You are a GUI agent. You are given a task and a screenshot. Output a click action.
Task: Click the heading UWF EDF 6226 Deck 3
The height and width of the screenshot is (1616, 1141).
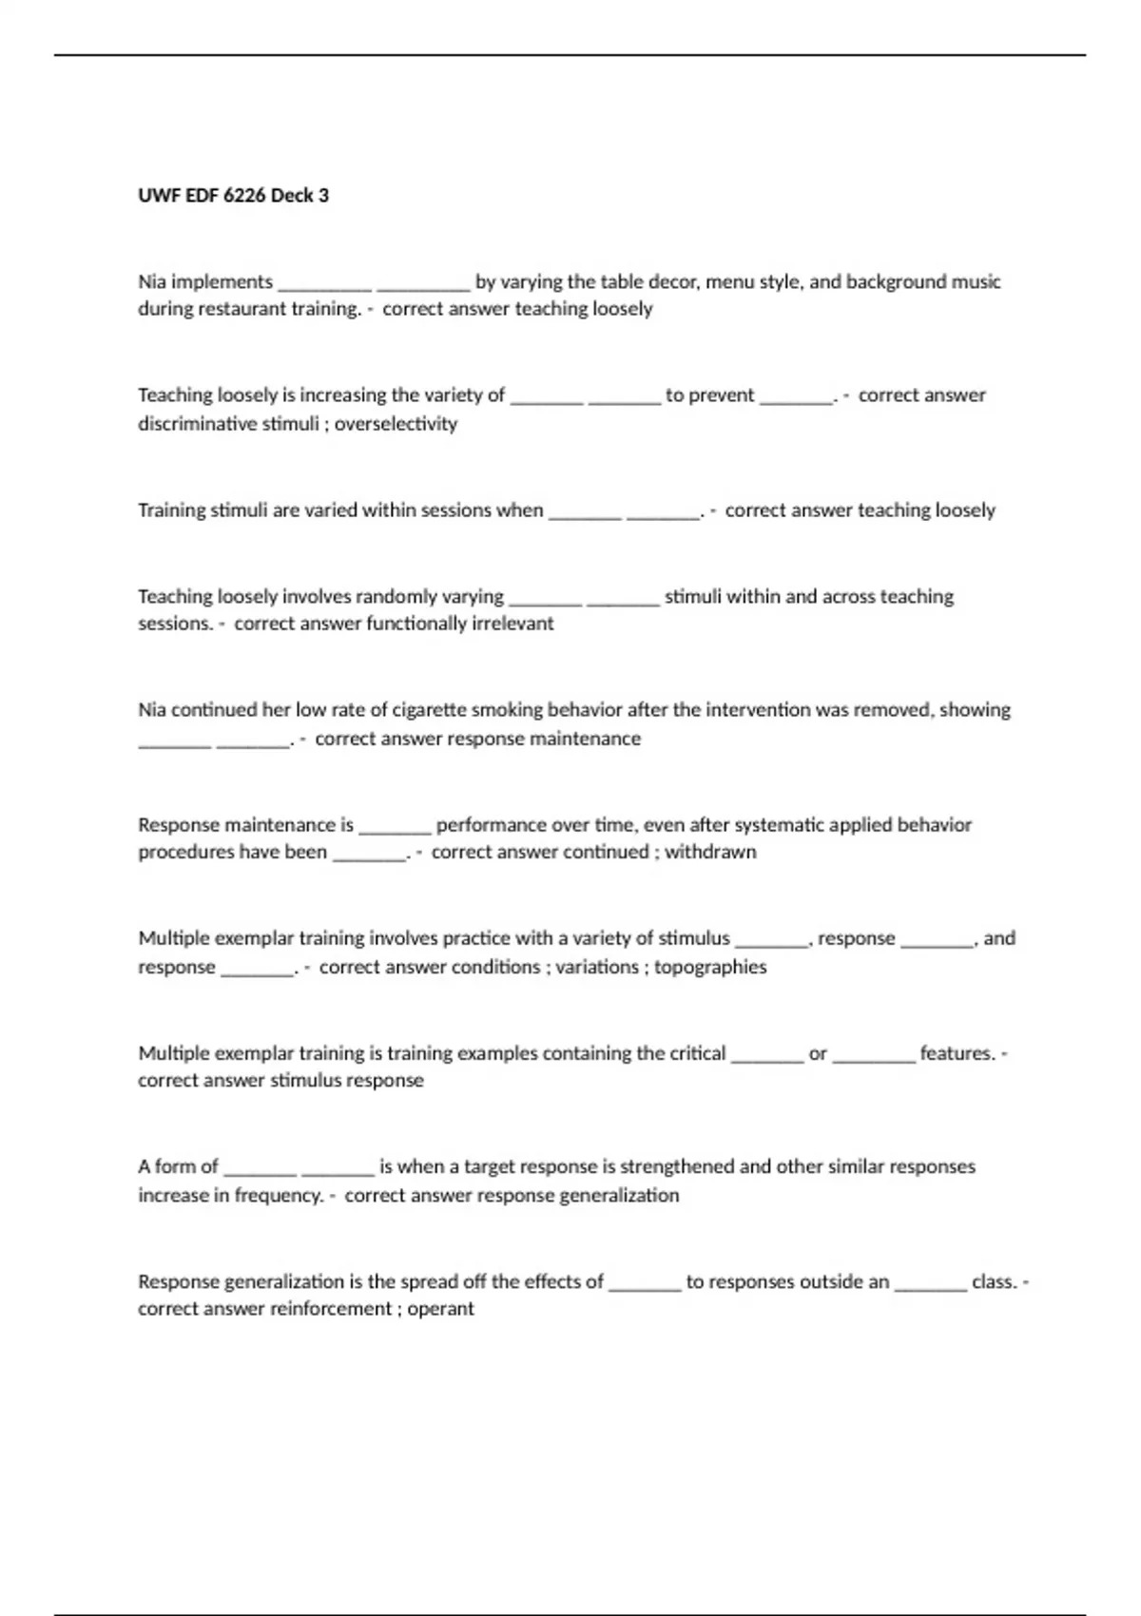tap(233, 196)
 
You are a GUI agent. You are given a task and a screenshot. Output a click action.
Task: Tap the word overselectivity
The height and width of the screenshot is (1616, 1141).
tap(396, 424)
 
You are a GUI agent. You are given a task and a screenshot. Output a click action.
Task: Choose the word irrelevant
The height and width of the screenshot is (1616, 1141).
tap(512, 624)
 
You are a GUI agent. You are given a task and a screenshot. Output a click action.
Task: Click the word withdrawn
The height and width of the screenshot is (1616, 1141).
tap(710, 852)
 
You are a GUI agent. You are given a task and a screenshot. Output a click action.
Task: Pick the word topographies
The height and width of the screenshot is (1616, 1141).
tap(710, 967)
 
